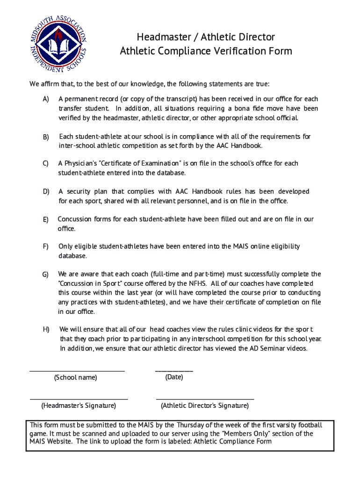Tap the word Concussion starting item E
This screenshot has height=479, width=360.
[x=74, y=219]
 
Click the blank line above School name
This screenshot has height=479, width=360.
[x=77, y=370]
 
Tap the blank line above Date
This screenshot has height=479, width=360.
[x=174, y=370]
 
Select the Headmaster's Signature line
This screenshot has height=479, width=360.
[x=79, y=399]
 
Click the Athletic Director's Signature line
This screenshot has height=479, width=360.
[x=205, y=399]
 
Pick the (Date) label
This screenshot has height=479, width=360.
[x=174, y=377]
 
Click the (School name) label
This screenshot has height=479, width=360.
[x=76, y=377]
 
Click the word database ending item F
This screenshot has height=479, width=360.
[x=72, y=256]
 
